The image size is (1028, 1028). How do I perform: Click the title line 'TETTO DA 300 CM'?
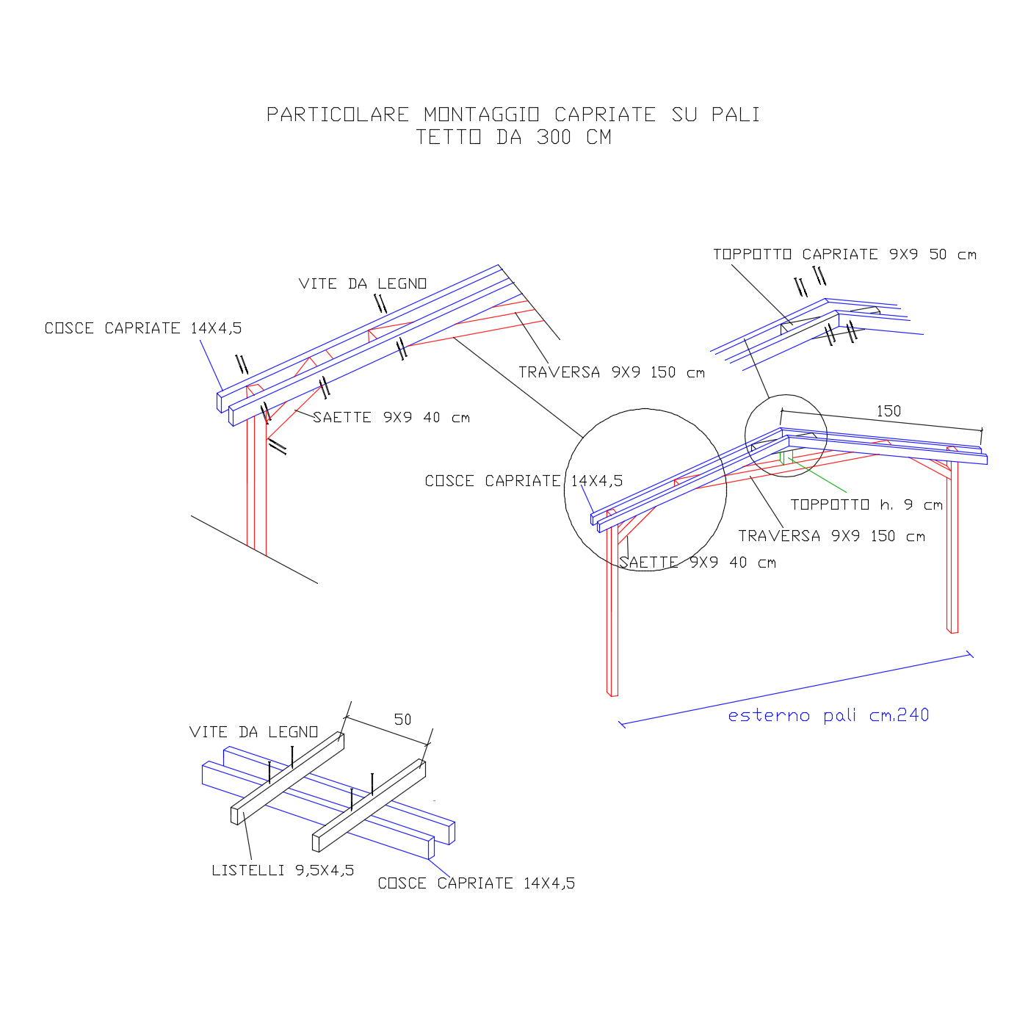(513, 137)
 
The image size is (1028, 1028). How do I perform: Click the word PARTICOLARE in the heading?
(338, 115)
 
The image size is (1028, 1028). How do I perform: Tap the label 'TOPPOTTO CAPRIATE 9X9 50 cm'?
(844, 255)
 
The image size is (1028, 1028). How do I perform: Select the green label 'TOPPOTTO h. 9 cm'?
(866, 505)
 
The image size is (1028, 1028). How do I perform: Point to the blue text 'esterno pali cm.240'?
(828, 715)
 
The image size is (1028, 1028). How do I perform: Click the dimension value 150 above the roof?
(888, 411)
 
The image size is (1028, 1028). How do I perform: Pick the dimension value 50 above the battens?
(402, 720)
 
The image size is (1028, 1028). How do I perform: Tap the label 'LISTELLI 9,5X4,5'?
(283, 870)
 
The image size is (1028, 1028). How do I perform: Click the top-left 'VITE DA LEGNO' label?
(363, 284)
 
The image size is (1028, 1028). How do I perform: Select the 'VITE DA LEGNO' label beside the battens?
(253, 732)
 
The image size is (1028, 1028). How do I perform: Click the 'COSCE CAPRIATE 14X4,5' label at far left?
(143, 328)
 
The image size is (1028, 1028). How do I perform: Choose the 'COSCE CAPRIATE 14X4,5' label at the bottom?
(477, 883)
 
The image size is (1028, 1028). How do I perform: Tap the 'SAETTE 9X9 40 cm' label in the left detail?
(391, 418)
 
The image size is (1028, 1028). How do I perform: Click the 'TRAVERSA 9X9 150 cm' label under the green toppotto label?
(832, 537)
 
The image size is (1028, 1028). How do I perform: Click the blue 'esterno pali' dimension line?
(797, 689)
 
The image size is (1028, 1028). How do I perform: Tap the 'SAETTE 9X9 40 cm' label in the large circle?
(698, 563)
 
